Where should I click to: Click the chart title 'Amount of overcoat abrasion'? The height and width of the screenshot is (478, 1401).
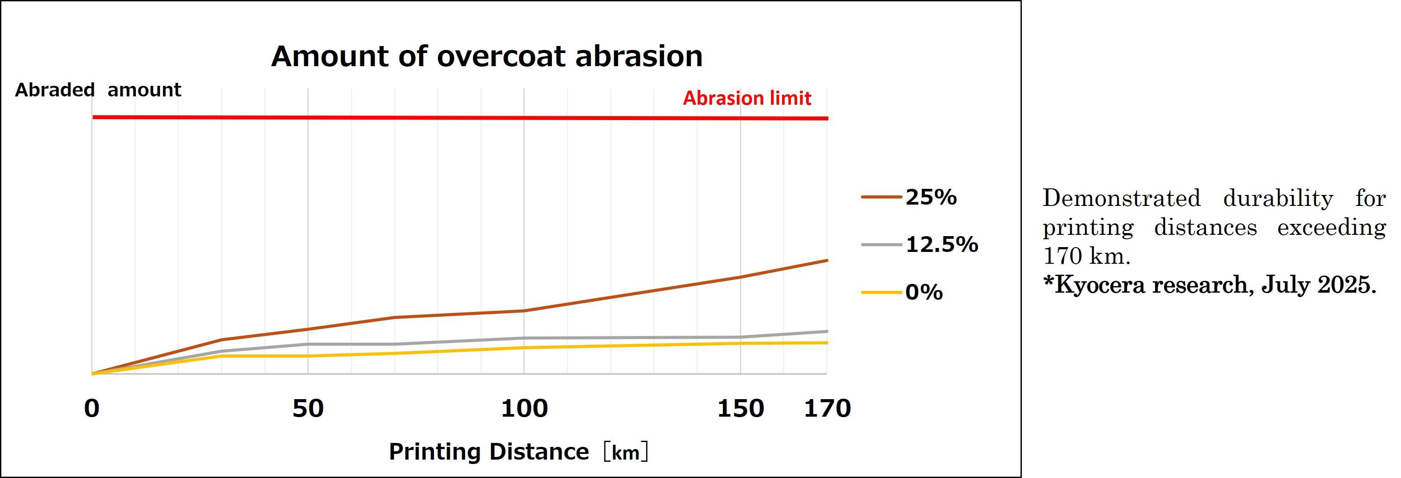pyautogui.click(x=487, y=56)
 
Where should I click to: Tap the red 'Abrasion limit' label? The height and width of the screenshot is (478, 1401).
pyautogui.click(x=747, y=99)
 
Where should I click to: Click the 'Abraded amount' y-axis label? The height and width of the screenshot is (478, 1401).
pyautogui.click(x=98, y=90)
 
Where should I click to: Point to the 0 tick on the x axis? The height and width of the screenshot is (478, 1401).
pyautogui.click(x=92, y=408)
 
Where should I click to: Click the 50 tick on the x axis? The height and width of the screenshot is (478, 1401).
pyautogui.click(x=308, y=408)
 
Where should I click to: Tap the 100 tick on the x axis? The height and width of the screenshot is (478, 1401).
pyautogui.click(x=524, y=408)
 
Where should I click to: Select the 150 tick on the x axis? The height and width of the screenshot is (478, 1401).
pyautogui.click(x=740, y=408)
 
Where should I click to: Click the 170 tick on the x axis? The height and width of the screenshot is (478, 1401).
pyautogui.click(x=827, y=408)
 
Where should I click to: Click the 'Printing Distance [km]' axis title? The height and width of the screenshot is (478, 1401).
pyautogui.click(x=518, y=452)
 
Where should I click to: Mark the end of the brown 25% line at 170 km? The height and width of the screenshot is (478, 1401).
pyautogui.click(x=827, y=261)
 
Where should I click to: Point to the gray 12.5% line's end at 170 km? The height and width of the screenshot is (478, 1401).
pyautogui.click(x=827, y=331)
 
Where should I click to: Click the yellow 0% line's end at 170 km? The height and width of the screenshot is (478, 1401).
pyautogui.click(x=827, y=343)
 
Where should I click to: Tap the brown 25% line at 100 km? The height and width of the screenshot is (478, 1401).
pyautogui.click(x=524, y=311)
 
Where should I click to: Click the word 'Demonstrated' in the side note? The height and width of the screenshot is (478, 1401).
pyautogui.click(x=1121, y=198)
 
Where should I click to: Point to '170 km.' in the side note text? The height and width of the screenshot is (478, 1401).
pyautogui.click(x=1086, y=255)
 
